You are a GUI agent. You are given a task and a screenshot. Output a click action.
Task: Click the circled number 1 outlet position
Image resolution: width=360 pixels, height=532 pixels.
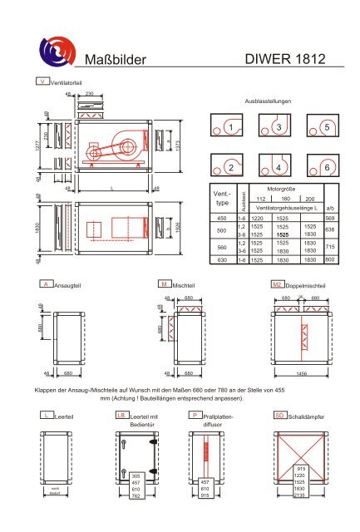click(235, 126)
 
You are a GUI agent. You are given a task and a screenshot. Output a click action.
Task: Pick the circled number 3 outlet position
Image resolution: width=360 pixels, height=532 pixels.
click(282, 126)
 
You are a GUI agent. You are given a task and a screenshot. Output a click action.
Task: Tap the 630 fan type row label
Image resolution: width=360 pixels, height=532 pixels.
click(220, 260)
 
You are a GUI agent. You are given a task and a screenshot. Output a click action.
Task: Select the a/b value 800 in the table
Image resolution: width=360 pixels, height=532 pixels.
click(330, 260)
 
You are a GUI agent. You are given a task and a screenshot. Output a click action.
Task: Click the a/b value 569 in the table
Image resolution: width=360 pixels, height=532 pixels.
click(330, 218)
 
